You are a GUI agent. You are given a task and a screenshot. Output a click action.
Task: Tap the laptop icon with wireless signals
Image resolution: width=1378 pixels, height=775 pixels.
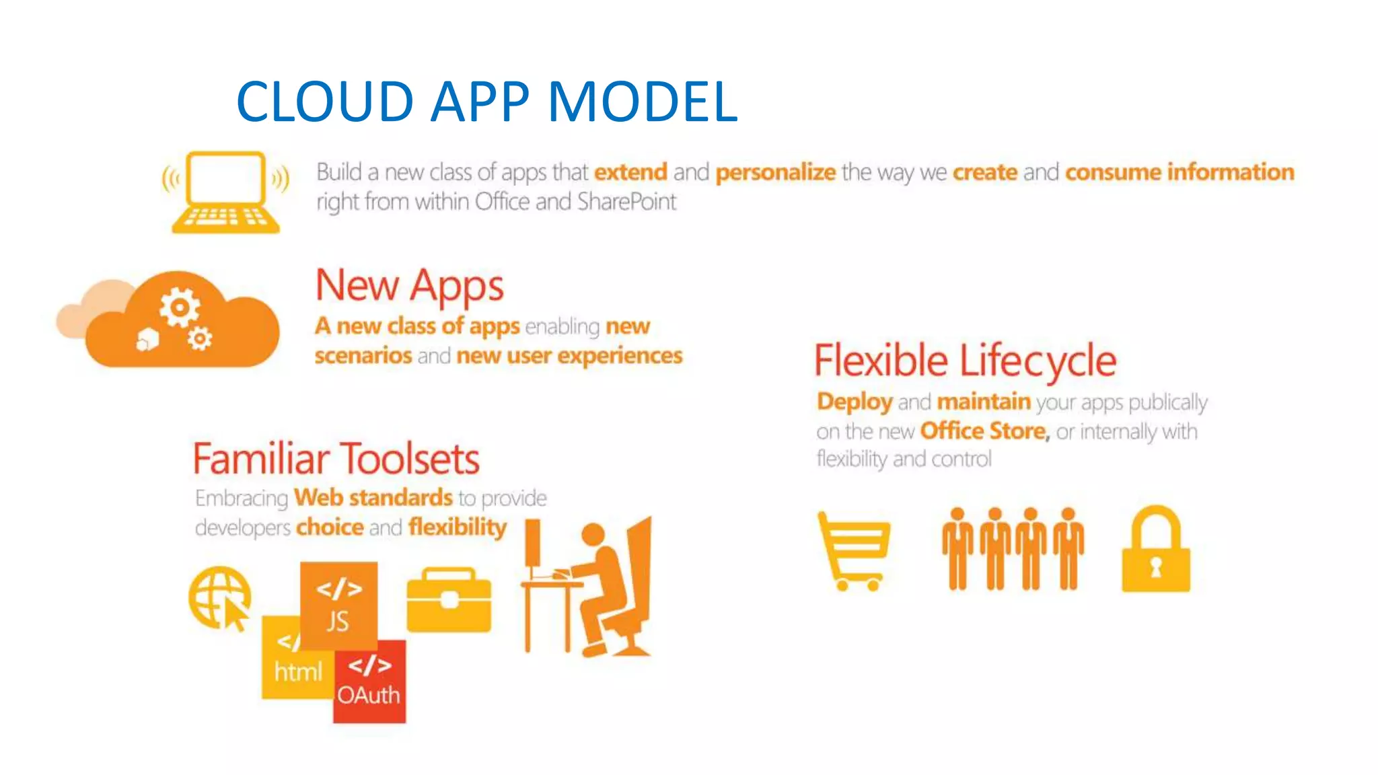225,192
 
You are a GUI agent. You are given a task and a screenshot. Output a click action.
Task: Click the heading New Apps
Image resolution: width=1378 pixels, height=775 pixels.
409,285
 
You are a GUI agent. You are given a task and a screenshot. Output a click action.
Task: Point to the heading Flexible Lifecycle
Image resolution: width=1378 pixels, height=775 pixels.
965,361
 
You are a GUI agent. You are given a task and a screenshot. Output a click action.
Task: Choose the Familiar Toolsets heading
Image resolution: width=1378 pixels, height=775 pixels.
336,459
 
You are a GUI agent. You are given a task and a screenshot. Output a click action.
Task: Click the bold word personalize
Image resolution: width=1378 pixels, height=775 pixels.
775,172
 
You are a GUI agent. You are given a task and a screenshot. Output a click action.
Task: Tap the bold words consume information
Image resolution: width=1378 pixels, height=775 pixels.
1179,172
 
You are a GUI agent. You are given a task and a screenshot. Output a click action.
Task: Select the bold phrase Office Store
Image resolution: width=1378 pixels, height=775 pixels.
984,431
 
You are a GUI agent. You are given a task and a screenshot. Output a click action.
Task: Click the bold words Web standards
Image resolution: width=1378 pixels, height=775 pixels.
373,498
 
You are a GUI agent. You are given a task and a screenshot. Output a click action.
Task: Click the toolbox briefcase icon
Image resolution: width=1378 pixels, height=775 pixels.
449,600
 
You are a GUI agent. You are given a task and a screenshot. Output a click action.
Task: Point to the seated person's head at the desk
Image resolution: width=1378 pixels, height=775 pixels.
593,535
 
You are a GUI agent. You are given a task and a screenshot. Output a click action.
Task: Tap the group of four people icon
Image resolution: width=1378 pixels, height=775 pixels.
1013,549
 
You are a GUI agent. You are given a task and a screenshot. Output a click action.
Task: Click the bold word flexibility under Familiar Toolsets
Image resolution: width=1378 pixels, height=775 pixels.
458,527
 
